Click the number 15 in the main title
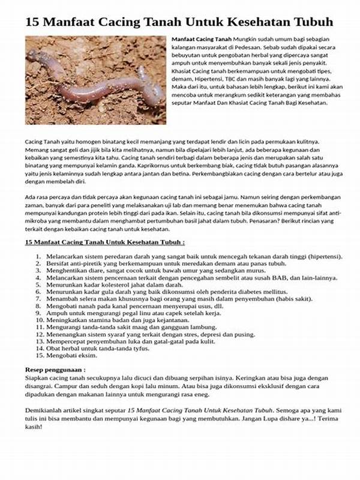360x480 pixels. [x=32, y=23]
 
